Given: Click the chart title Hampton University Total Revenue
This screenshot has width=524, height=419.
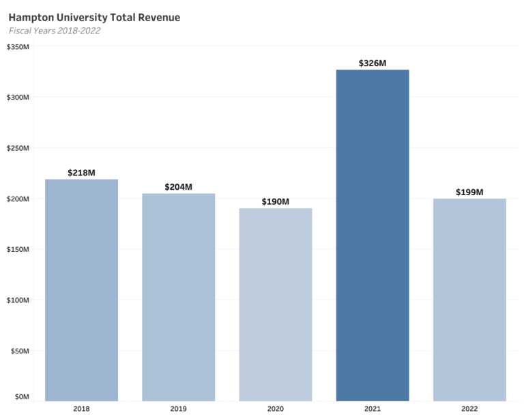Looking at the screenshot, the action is pyautogui.click(x=94, y=17).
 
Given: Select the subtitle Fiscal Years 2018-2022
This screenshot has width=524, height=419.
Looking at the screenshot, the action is pyautogui.click(x=55, y=31).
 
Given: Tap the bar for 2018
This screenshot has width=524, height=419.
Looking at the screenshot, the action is pyautogui.click(x=82, y=290).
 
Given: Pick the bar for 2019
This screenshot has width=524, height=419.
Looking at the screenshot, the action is pyautogui.click(x=179, y=297).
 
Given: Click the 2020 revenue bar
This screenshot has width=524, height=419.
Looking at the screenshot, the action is pyautogui.click(x=276, y=304).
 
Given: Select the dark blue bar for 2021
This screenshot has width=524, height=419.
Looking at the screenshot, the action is pyautogui.click(x=373, y=235).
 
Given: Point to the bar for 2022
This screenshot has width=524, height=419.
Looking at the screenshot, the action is pyautogui.click(x=469, y=300).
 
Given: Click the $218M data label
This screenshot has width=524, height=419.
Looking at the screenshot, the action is pyautogui.click(x=82, y=173).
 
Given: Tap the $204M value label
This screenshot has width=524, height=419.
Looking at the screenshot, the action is pyautogui.click(x=179, y=187).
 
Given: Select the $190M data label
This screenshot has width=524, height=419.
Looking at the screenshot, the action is pyautogui.click(x=276, y=201).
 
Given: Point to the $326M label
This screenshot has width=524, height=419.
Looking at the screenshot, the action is pyautogui.click(x=373, y=63).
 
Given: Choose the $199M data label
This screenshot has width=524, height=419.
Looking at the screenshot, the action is pyautogui.click(x=469, y=192).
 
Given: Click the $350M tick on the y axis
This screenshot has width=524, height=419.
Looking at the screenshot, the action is pyautogui.click(x=18, y=47).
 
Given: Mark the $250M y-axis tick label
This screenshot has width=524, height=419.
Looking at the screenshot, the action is pyautogui.click(x=18, y=148).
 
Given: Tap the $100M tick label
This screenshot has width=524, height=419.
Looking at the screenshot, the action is pyautogui.click(x=18, y=300).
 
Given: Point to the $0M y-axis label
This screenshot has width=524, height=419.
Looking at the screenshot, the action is pyautogui.click(x=22, y=396).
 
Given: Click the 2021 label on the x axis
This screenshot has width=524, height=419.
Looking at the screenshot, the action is pyautogui.click(x=373, y=409).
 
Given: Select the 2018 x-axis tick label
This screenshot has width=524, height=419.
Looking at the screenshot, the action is pyautogui.click(x=82, y=409).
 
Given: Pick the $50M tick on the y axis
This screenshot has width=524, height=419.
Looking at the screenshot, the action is pyautogui.click(x=20, y=351).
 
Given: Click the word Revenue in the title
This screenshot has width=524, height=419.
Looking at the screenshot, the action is pyautogui.click(x=159, y=17).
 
